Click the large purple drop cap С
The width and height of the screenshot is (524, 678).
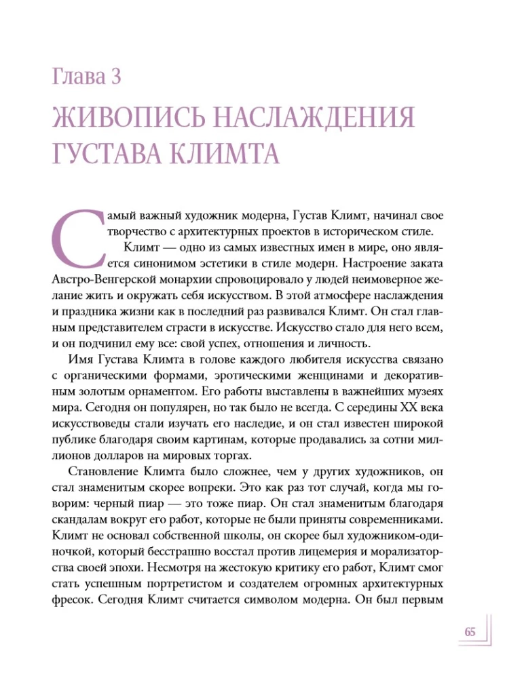tap(75, 233)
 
